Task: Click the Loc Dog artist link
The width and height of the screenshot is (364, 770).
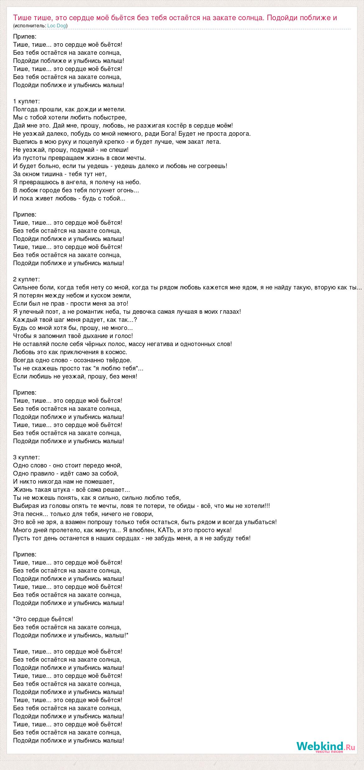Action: coord(57,26)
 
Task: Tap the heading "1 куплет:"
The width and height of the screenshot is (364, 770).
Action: coord(26,101)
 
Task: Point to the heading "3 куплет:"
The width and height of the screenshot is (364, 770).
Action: coord(26,458)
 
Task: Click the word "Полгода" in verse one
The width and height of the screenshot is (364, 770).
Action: coord(26,110)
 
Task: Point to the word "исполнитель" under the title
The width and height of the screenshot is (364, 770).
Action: coord(30,26)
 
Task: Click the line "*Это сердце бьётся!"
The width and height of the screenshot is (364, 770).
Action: coord(43,619)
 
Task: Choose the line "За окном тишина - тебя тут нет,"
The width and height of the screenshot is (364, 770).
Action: coord(60,174)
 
